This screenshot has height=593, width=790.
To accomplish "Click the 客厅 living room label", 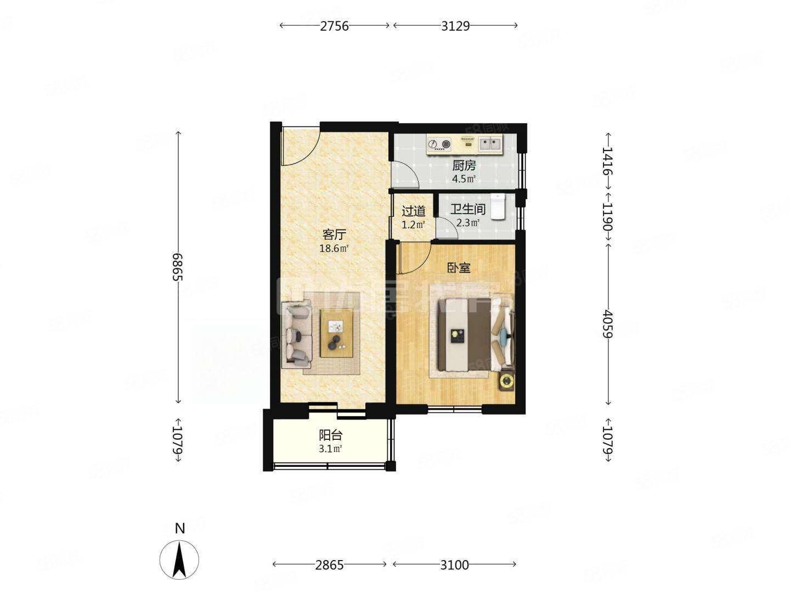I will [334, 235].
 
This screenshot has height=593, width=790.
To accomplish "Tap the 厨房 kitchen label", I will [464, 165].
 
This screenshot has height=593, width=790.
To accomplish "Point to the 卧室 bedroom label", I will [459, 268].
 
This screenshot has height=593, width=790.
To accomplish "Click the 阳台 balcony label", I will [331, 435].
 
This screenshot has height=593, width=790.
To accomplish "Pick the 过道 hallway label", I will [413, 211].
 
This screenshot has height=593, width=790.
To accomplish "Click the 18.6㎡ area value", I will [334, 249].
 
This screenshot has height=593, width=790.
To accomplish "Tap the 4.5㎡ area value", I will [464, 179].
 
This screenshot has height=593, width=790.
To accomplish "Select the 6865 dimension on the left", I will [177, 267].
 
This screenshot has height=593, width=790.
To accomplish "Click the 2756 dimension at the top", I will [335, 25].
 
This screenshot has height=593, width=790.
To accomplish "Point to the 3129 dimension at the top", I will [455, 25].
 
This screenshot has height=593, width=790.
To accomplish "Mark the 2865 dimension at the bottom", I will [329, 564].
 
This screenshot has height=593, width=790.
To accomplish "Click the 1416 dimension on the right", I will [607, 160].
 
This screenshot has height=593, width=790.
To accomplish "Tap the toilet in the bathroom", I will [498, 206].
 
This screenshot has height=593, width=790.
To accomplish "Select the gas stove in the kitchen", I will [439, 144].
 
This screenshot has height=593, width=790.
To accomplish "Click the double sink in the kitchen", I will [490, 144].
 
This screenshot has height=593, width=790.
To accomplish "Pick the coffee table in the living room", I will [337, 334].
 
